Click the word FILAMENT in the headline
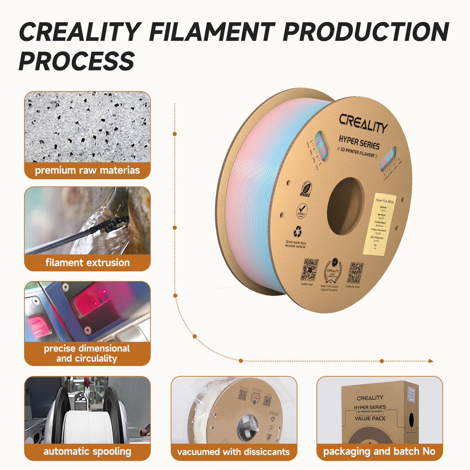[x=211, y=32]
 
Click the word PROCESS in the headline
[x=77, y=61]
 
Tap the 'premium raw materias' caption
[x=87, y=170]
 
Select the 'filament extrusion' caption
[x=87, y=263]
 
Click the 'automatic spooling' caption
[x=87, y=452]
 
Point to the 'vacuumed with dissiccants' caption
[x=233, y=452]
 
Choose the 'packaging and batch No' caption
[x=379, y=452]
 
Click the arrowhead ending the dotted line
[x=431, y=361]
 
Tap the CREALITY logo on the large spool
[x=363, y=123]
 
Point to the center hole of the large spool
[x=345, y=207]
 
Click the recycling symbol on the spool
[x=297, y=232]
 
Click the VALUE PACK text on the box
[x=370, y=418]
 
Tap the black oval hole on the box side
[x=411, y=420]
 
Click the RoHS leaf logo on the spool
[x=305, y=189]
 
